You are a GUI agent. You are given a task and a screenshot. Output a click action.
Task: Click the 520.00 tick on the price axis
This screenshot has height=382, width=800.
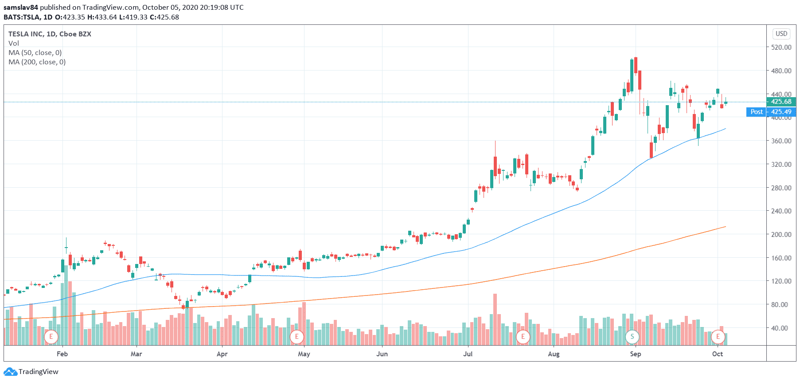click(x=781, y=47)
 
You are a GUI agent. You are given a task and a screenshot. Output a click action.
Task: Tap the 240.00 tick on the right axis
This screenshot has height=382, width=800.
click(x=781, y=211)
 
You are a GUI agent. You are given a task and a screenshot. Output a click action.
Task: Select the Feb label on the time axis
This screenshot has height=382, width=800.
click(x=62, y=354)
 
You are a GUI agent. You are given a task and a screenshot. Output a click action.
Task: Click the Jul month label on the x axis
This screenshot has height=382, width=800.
click(x=468, y=354)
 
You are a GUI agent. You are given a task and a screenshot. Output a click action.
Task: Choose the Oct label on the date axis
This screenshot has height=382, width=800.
click(x=717, y=354)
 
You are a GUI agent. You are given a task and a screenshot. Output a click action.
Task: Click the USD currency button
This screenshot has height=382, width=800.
click(x=781, y=34)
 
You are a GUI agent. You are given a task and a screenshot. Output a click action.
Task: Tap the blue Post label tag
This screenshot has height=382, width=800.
click(x=757, y=112)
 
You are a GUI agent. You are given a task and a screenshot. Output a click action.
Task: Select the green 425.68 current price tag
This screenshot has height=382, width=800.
click(x=781, y=102)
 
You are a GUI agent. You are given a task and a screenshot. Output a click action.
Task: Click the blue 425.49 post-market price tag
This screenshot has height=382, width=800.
click(x=781, y=112)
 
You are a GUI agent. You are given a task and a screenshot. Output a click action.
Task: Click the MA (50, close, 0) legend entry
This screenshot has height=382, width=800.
click(x=35, y=52)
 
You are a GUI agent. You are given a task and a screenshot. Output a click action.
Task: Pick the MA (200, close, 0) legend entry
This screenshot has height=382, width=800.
click(x=37, y=62)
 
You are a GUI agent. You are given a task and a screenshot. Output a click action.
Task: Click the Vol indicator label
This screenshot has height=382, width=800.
click(x=14, y=43)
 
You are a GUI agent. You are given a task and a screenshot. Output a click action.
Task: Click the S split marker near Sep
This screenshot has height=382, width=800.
click(x=632, y=336)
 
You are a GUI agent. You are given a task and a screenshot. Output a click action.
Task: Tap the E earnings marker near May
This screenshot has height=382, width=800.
click(x=297, y=336)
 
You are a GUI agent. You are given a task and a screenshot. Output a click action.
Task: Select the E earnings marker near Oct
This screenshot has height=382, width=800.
click(x=718, y=336)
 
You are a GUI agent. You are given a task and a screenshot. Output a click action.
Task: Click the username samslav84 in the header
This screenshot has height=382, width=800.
click(x=21, y=7)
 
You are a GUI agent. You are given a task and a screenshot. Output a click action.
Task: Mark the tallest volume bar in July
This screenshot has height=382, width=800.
click(x=495, y=319)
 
